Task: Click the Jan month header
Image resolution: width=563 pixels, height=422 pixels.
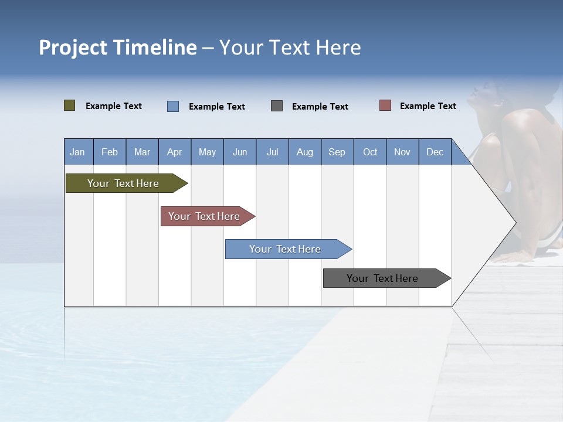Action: tap(78, 152)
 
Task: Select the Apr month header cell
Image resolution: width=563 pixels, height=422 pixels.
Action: tap(175, 152)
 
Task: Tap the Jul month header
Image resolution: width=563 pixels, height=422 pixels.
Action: tap(272, 152)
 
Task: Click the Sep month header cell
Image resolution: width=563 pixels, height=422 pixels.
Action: tap(337, 152)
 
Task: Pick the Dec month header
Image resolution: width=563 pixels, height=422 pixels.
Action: tap(435, 152)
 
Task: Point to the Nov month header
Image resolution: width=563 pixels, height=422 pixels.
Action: tap(402, 152)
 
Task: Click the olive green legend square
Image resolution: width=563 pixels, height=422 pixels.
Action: tap(70, 105)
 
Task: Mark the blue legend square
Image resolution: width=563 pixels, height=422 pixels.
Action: tap(173, 106)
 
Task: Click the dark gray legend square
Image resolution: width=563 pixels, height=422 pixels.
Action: tap(277, 106)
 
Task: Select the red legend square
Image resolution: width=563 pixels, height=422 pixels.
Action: tap(385, 105)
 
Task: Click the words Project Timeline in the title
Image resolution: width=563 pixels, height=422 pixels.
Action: tap(117, 47)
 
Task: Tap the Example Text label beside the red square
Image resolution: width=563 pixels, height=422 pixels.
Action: tap(428, 106)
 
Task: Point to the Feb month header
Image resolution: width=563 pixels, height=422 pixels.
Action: tap(110, 152)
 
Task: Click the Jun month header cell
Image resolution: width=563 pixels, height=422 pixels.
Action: tap(240, 152)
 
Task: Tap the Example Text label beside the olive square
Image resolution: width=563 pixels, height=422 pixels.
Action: tap(114, 106)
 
